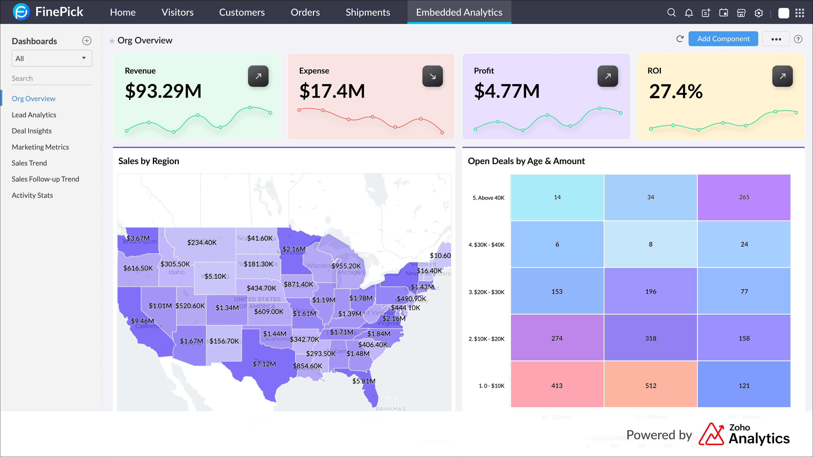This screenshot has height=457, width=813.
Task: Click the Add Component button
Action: point(723,39)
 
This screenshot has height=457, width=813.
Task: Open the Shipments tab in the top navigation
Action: point(368,12)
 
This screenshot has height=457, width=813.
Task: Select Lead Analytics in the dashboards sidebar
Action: point(34,115)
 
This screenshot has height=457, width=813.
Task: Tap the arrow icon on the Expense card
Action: point(432,76)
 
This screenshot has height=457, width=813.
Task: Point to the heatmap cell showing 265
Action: point(744,197)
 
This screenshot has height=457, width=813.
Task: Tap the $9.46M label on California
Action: point(142,321)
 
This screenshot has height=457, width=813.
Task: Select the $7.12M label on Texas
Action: point(264,364)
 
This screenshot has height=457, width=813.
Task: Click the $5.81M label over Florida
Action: point(364,381)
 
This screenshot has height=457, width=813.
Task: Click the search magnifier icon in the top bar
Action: point(671,13)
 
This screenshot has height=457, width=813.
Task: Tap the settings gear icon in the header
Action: point(758,13)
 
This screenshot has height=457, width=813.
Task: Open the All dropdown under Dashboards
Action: point(52,58)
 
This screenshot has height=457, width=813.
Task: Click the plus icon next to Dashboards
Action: point(86,41)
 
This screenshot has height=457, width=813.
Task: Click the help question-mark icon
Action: point(798,39)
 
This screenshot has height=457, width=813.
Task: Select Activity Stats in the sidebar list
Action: point(32,195)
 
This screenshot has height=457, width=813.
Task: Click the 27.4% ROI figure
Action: point(676,91)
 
